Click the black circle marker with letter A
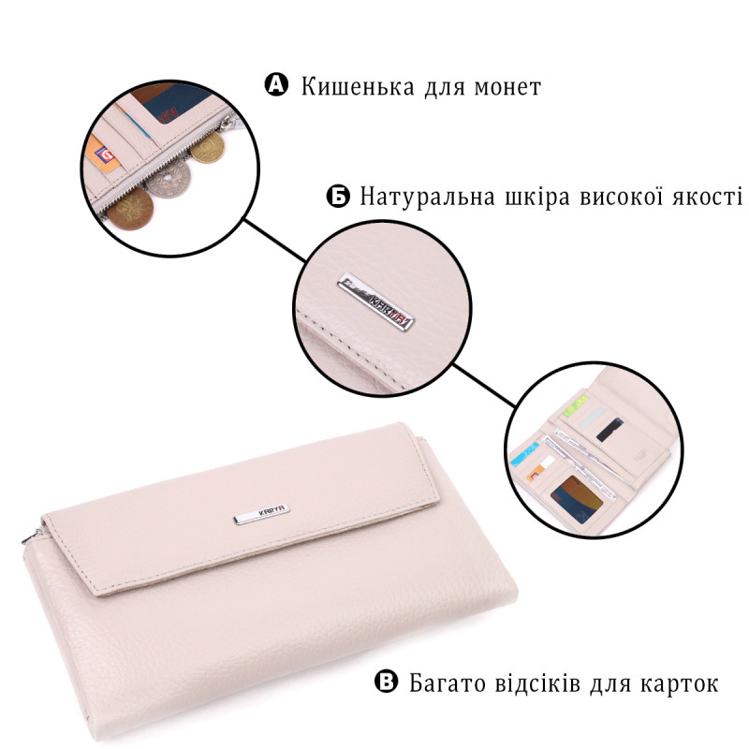pos(276,84)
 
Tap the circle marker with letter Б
pos(338,196)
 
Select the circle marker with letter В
pos(386,682)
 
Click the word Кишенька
pos(358,87)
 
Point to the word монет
pos(507,88)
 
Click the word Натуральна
pos(427,197)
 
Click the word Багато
pos(447,683)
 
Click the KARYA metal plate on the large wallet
pos(262,513)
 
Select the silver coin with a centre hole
pos(169,179)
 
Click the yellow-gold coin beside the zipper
pos(207,147)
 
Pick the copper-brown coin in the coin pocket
pos(130,208)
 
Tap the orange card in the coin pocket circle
pos(104,154)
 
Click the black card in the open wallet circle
pos(610,430)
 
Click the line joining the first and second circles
pos(275,241)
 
